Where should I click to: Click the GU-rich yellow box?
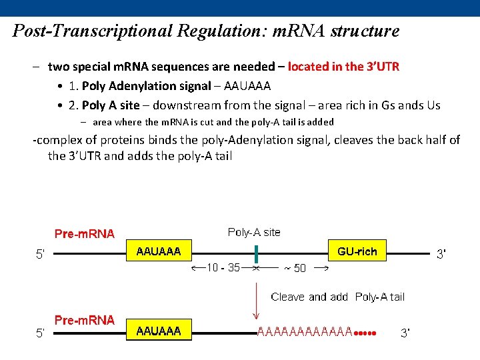coord(357,251)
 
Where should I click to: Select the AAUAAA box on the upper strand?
coord(159,251)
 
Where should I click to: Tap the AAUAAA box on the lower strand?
coord(159,330)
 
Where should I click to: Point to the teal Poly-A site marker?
coord(256,254)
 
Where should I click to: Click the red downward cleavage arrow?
coord(256,301)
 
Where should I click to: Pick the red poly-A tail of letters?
coord(305,331)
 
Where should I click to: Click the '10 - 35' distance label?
coord(223,268)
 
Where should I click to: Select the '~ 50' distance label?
coord(295,269)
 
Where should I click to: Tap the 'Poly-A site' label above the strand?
coord(254,233)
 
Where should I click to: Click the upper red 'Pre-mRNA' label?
coord(85,234)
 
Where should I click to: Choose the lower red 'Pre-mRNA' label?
coord(85,321)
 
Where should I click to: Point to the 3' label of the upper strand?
coord(441,254)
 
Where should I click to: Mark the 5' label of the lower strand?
coord(41,333)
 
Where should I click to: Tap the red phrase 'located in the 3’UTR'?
coord(344,67)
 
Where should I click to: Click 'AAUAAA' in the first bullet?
coord(247,86)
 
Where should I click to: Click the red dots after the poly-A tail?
coord(365,333)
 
